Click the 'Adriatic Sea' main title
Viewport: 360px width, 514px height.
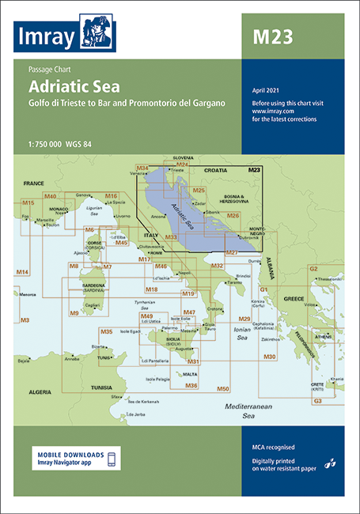[74, 88]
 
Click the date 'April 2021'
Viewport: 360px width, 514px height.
[267, 90]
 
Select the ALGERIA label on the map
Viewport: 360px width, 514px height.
[36, 391]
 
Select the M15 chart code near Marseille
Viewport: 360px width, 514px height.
[28, 203]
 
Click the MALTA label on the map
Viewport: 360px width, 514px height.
[190, 372]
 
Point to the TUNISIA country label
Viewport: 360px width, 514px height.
[101, 387]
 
